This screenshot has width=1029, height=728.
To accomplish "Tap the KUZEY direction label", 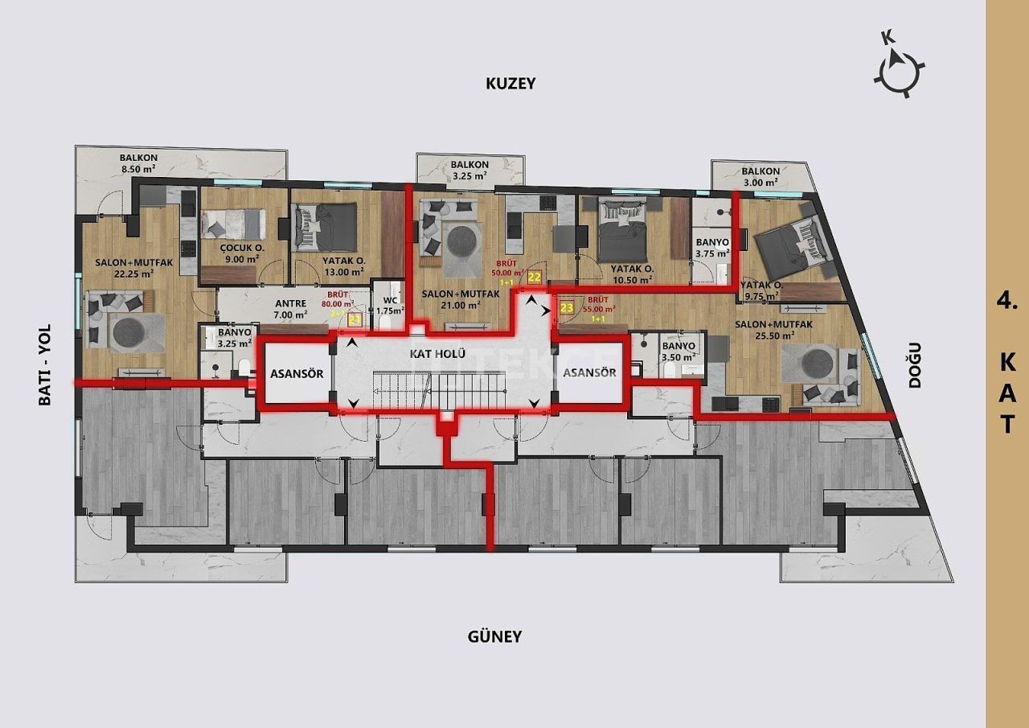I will coord(510,83).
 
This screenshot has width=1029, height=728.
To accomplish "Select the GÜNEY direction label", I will coord(494,636).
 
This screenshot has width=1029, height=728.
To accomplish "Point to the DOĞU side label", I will coord(914,366).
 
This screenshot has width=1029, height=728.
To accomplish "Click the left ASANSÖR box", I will coord(297,374).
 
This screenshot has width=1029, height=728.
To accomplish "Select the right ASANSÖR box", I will coord(589,372).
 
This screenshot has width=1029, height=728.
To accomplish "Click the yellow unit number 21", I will coord(355,319).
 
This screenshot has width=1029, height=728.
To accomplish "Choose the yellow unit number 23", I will coord(567,307).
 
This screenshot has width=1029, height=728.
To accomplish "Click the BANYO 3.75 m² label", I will coord(711,246).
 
